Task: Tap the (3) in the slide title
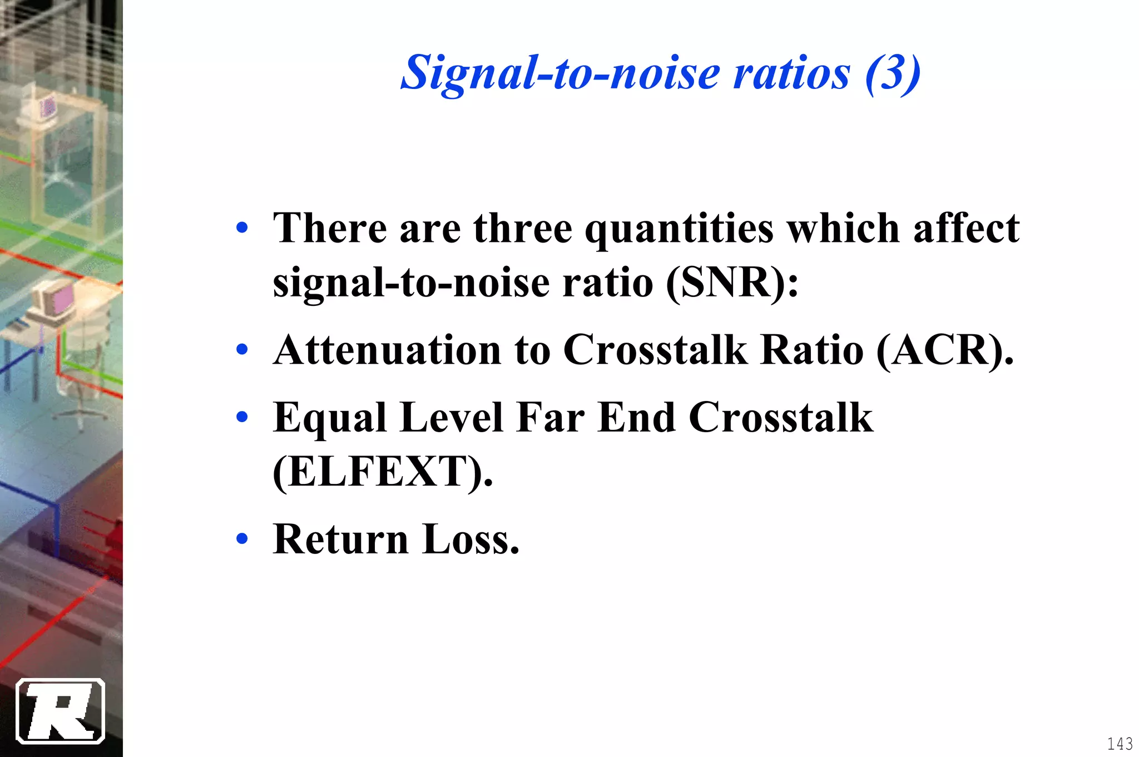point(892,73)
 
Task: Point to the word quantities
point(679,229)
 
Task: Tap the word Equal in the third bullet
point(329,418)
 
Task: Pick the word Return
point(340,540)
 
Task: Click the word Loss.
point(471,540)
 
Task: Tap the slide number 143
point(1120,744)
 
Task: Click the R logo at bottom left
point(61,711)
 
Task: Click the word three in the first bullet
point(522,229)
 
